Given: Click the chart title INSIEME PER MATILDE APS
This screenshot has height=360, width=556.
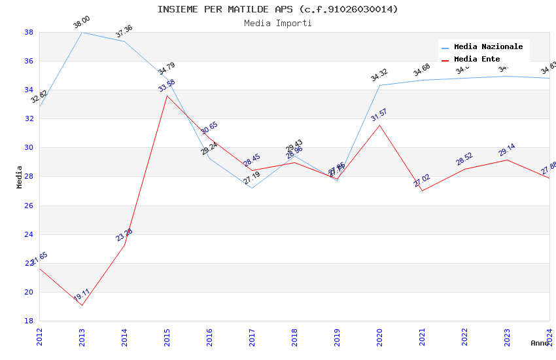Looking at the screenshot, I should pyautogui.click(x=277, y=9).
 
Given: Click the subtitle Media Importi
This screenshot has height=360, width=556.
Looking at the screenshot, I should pyautogui.click(x=277, y=23).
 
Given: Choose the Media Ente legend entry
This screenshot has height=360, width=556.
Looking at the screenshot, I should pyautogui.click(x=477, y=60).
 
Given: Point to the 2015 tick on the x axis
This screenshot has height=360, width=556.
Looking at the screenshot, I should pyautogui.click(x=167, y=337).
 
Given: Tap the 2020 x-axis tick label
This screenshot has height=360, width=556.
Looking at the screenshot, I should pyautogui.click(x=379, y=337).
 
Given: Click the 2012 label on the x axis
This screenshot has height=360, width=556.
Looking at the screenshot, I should pyautogui.click(x=39, y=337).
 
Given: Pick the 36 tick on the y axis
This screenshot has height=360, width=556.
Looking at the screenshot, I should pyautogui.click(x=29, y=62).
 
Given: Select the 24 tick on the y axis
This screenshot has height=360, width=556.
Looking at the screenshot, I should pyautogui.click(x=29, y=234).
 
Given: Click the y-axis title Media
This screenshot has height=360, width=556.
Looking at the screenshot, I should pyautogui.click(x=20, y=177).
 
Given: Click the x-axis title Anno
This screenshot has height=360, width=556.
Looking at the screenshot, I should pyautogui.click(x=540, y=343).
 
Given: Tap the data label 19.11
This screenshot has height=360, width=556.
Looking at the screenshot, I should pyautogui.click(x=82, y=297).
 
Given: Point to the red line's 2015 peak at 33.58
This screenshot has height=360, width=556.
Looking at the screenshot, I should pyautogui.click(x=167, y=96).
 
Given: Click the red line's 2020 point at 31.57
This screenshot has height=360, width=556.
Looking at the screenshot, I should pyautogui.click(x=379, y=125).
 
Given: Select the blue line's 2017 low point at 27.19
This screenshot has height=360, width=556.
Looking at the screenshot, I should pyautogui.click(x=252, y=188).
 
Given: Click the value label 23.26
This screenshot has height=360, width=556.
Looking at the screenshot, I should pyautogui.click(x=124, y=235).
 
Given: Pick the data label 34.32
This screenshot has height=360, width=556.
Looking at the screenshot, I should pyautogui.click(x=379, y=75).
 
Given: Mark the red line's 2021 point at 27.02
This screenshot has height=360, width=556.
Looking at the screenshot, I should pyautogui.click(x=422, y=190).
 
